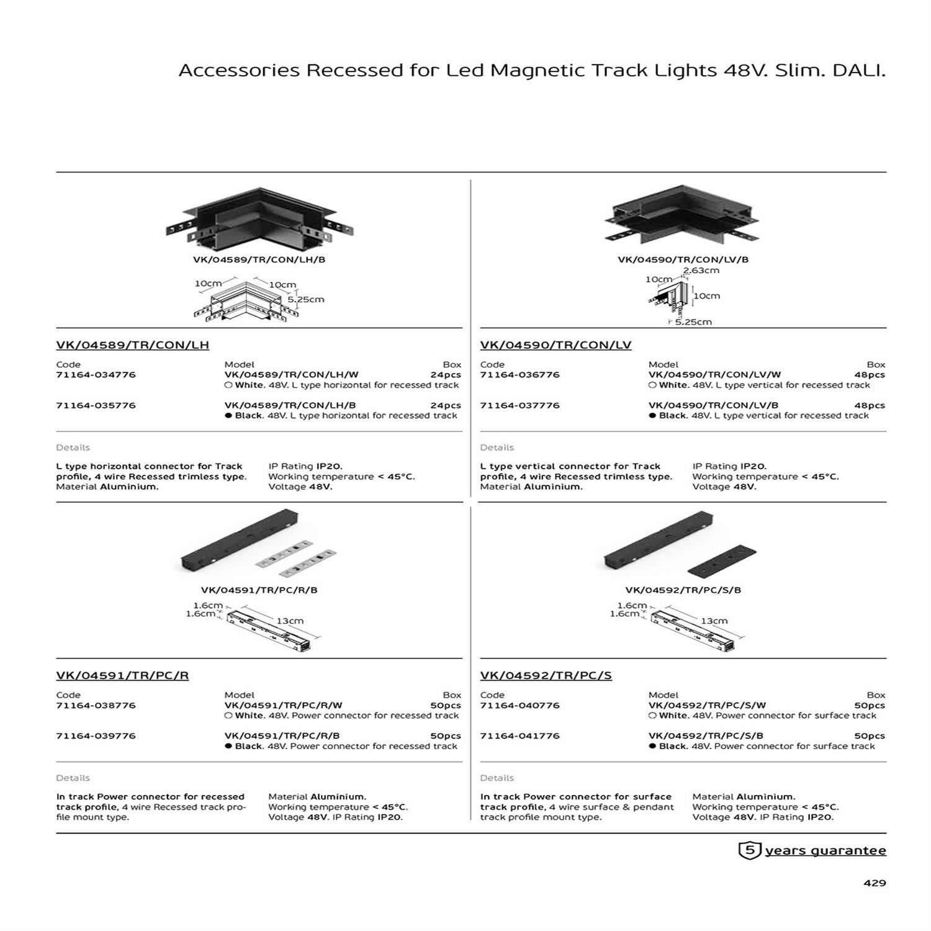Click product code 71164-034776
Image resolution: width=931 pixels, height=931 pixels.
click(96, 375)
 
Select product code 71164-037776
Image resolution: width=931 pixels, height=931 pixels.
click(519, 405)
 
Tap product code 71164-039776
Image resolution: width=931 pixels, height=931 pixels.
click(96, 736)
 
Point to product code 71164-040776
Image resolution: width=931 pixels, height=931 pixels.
click(519, 706)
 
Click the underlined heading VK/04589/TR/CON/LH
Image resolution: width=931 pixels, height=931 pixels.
click(132, 345)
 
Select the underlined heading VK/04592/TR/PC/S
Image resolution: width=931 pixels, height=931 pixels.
click(546, 675)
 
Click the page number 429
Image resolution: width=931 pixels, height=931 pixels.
click(875, 883)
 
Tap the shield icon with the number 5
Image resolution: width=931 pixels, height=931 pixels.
click(750, 850)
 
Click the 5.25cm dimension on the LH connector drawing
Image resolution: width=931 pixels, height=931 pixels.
click(306, 300)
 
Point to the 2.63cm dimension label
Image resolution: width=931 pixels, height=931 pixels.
click(701, 271)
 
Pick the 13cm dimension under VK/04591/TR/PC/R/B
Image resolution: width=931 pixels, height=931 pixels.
click(290, 621)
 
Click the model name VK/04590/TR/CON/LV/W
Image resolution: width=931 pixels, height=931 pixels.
click(714, 375)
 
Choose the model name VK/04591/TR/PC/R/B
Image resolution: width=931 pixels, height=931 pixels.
click(282, 736)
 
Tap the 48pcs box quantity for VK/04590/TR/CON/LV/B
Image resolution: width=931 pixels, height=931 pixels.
click(869, 405)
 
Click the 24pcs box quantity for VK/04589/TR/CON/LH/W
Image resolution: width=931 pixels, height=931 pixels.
click(445, 375)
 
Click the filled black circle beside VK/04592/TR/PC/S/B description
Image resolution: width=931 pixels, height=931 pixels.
click(652, 746)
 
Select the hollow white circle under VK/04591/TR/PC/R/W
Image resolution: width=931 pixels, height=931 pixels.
click(228, 716)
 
